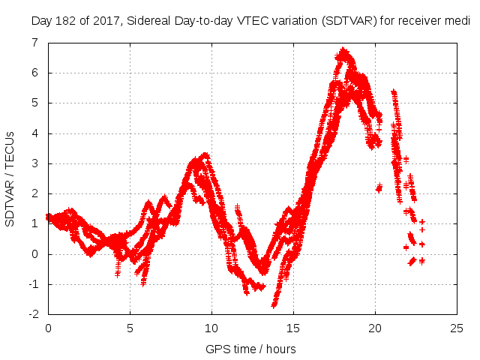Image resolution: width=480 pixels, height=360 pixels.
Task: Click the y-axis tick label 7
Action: click(35, 43)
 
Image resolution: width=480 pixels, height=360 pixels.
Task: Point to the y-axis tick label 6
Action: click(35, 73)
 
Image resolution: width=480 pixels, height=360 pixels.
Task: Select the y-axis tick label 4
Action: click(35, 133)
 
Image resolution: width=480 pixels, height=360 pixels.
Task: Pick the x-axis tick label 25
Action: click(457, 328)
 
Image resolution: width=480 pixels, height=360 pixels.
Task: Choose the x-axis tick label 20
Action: click(375, 328)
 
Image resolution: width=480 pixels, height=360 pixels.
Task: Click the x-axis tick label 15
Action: click(293, 328)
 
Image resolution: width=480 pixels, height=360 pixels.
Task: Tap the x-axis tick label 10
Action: click(211, 328)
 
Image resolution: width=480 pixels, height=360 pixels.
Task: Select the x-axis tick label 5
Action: click(130, 328)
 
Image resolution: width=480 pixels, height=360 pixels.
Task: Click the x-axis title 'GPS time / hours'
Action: click(251, 349)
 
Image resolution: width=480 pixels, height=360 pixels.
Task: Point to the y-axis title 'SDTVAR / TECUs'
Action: click(10, 178)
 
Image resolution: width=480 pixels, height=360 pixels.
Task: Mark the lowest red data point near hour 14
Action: click(274, 305)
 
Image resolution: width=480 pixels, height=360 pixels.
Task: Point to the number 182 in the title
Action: click(65, 20)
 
